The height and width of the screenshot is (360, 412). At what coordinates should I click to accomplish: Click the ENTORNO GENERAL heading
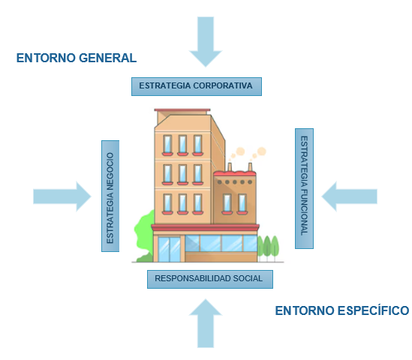pyautogui.click(x=77, y=58)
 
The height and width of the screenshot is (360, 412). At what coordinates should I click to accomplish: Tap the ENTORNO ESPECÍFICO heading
pyautogui.click(x=342, y=310)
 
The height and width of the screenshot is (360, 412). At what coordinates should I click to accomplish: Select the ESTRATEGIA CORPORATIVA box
pyautogui.click(x=197, y=86)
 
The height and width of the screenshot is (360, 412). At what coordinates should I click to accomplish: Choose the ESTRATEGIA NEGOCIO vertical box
pyautogui.click(x=110, y=196)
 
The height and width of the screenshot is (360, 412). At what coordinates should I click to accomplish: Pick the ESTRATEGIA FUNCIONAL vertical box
pyautogui.click(x=304, y=188)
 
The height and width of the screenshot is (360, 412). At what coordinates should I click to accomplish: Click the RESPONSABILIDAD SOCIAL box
pyautogui.click(x=210, y=279)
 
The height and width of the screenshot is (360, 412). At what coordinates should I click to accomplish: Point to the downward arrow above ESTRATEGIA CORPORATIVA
pyautogui.click(x=206, y=41)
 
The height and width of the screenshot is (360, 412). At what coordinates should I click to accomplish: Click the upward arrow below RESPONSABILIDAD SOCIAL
pyautogui.click(x=206, y=323)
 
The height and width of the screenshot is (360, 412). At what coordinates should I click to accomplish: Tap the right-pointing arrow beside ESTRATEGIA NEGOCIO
pyautogui.click(x=62, y=196)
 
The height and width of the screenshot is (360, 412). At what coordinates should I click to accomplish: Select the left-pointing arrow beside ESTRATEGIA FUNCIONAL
pyautogui.click(x=349, y=196)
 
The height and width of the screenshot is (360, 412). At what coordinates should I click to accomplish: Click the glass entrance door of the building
pyautogui.click(x=169, y=249)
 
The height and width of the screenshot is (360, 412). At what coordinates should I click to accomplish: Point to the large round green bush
pyautogui.click(x=144, y=231)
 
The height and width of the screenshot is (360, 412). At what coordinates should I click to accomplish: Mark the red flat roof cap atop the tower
pyautogui.click(x=182, y=110)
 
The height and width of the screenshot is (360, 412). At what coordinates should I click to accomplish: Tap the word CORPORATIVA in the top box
pyautogui.click(x=223, y=85)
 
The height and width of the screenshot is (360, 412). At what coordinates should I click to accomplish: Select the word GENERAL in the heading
pyautogui.click(x=108, y=58)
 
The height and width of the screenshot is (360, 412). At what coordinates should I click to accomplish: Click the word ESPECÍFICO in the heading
pyautogui.click(x=374, y=310)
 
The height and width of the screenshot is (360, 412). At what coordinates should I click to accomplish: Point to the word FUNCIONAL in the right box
pyautogui.click(x=304, y=212)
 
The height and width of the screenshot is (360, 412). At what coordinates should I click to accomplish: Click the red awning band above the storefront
pyautogui.click(x=205, y=227)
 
